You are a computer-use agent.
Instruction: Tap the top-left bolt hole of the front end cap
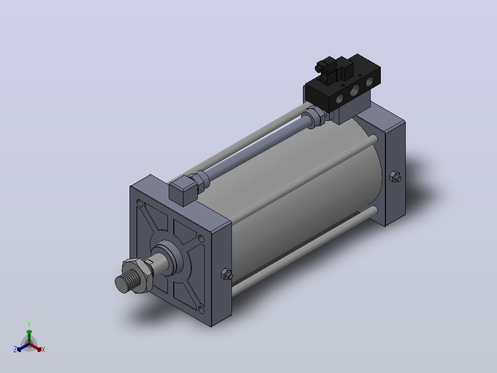[x=139, y=203]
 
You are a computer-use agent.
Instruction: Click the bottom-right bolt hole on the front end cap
[x=201, y=309]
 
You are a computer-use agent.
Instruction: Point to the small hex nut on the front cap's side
[x=227, y=274]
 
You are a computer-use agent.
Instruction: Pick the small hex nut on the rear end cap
[x=395, y=177]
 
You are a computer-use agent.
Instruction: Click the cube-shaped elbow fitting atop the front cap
[x=183, y=190]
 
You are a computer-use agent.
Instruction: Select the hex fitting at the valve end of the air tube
[x=314, y=117]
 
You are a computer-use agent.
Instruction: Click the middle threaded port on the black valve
[x=355, y=90]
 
